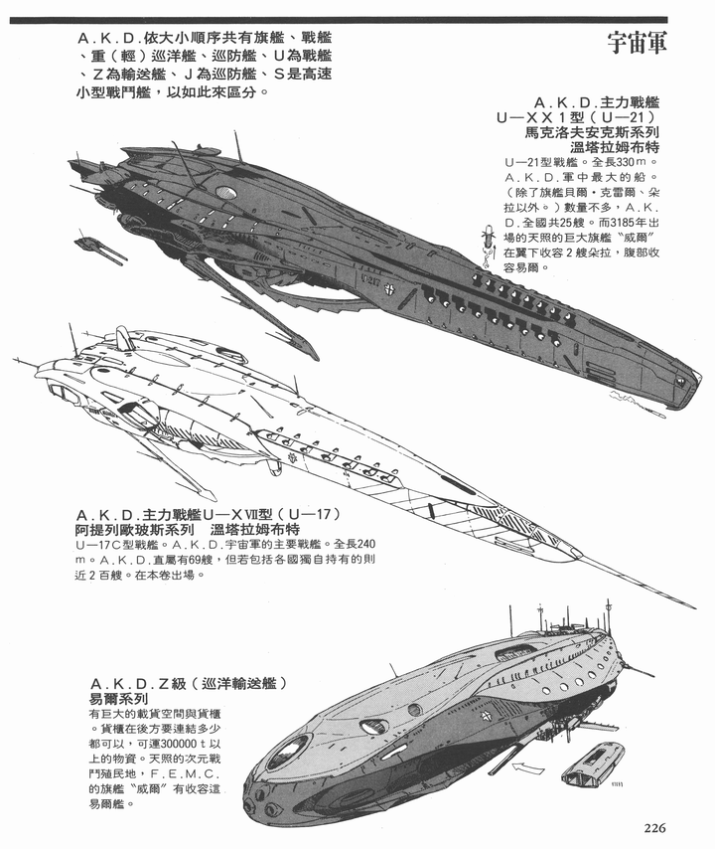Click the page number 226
tap(654, 828)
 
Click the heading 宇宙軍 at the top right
tap(637, 43)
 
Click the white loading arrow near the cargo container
tap(527, 766)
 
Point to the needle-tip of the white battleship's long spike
tap(696, 608)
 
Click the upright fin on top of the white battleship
tap(124, 337)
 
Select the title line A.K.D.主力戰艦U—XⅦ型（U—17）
tap(208, 514)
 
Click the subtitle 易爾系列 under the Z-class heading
tap(118, 699)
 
